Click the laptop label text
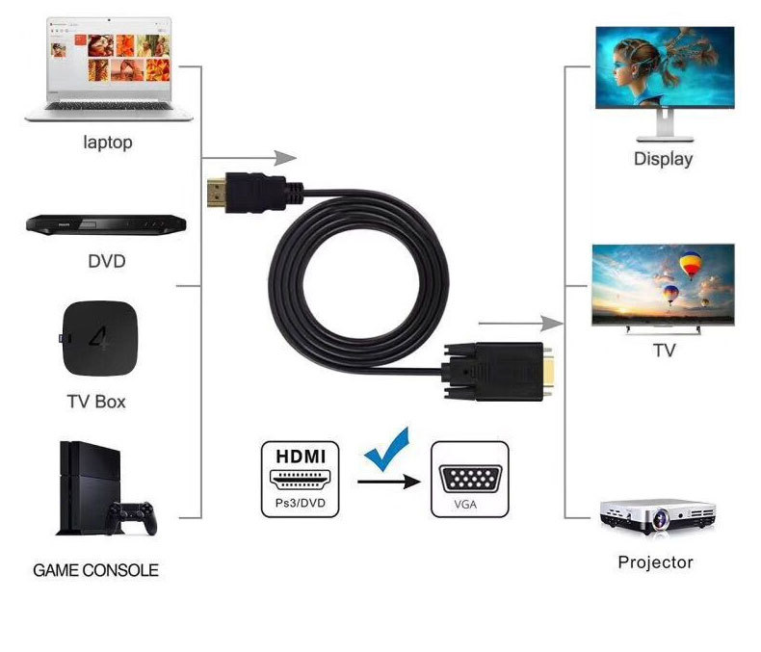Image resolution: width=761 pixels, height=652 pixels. [x=108, y=143]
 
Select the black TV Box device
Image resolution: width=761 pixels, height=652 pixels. [x=96, y=341]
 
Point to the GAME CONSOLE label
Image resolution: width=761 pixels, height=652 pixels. [x=95, y=570]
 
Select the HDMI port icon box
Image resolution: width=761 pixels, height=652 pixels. [x=301, y=479]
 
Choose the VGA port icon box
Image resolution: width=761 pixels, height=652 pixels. [x=469, y=479]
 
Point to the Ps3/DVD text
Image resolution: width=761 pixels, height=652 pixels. [x=301, y=504]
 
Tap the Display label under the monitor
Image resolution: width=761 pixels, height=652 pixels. [x=663, y=159]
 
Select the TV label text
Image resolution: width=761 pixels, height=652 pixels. [x=665, y=352]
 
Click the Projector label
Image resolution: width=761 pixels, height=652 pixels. [x=655, y=562]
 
